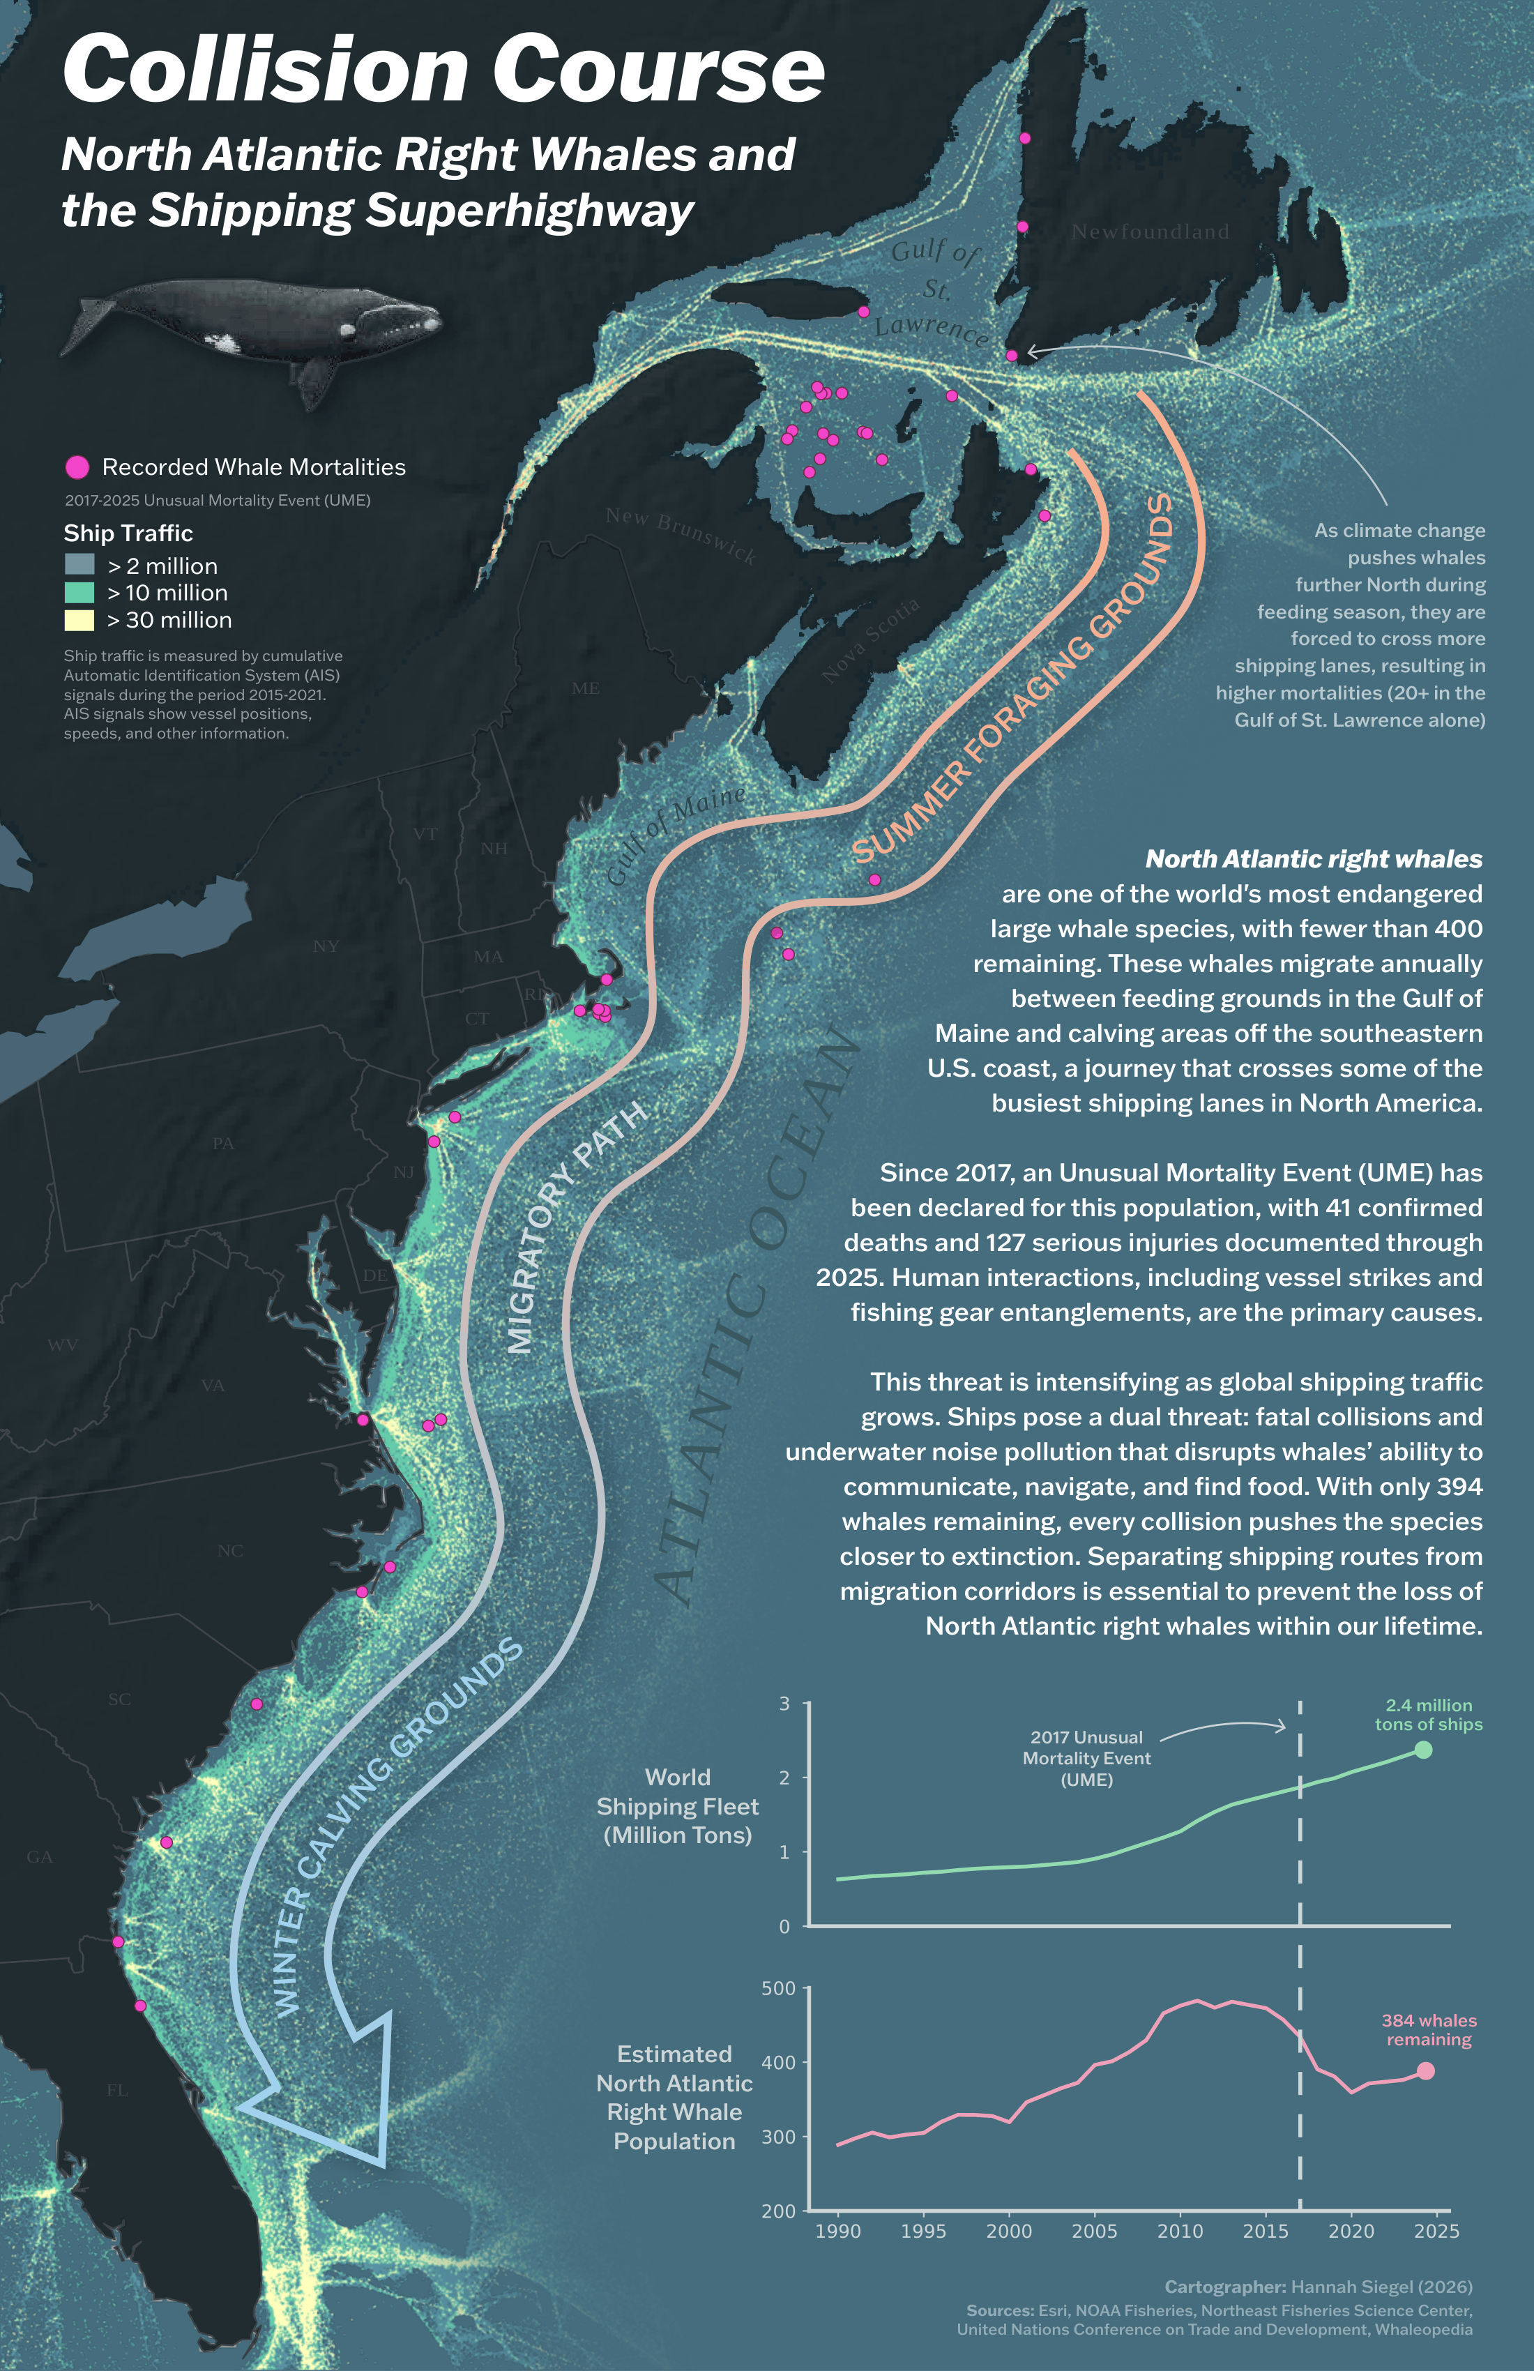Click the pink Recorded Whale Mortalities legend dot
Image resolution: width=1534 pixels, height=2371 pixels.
pyautogui.click(x=77, y=467)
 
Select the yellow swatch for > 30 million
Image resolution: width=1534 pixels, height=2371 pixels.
pyautogui.click(x=79, y=620)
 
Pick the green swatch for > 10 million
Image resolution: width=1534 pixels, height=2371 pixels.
pyautogui.click(x=79, y=593)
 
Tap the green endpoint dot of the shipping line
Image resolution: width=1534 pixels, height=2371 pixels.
pyautogui.click(x=1422, y=1750)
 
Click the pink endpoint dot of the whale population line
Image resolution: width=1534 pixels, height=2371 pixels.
pyautogui.click(x=1425, y=2070)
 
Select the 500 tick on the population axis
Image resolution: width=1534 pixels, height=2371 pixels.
pyautogui.click(x=778, y=1988)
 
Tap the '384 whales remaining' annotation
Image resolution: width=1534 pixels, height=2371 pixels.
pyautogui.click(x=1429, y=2029)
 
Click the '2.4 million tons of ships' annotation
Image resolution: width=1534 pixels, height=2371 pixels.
pyautogui.click(x=1429, y=1715)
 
